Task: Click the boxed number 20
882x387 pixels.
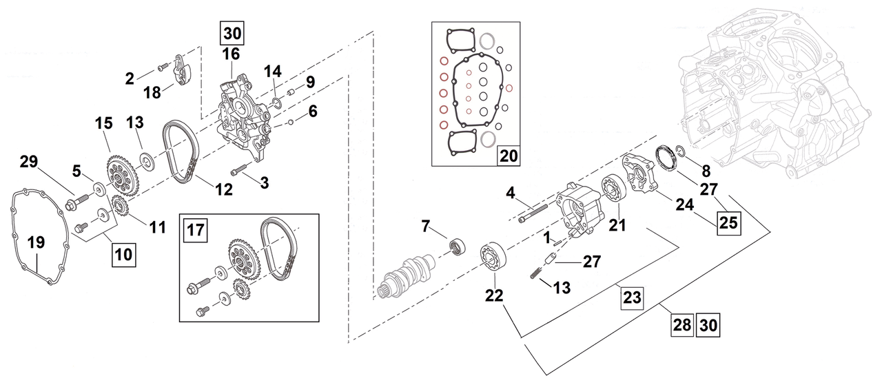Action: [x=509, y=156]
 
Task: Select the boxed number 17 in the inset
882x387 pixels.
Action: [x=196, y=230]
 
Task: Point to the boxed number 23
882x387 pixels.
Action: [x=631, y=297]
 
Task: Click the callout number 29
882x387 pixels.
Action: [x=28, y=163]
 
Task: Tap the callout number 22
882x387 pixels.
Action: [x=494, y=295]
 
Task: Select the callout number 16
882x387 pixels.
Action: [x=232, y=54]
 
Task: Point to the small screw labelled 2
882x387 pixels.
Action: [x=163, y=67]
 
